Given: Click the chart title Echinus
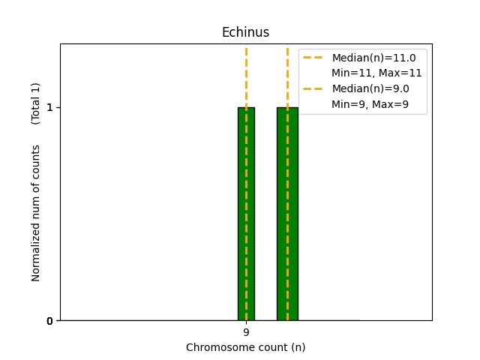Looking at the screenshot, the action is click(x=245, y=32).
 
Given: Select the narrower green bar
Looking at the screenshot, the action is click(x=247, y=214).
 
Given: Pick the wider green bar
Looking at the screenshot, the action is click(x=287, y=214).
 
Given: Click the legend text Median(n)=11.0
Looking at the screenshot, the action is click(x=373, y=58).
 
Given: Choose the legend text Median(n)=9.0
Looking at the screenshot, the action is click(x=370, y=88).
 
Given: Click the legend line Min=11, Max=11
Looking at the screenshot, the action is click(x=376, y=73).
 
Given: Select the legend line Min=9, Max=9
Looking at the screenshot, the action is click(x=370, y=104).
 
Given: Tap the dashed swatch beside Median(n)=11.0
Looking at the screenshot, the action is click(x=313, y=58).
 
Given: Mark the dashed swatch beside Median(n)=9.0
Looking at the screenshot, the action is click(x=313, y=88).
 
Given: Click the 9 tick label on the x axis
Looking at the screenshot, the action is click(x=247, y=332).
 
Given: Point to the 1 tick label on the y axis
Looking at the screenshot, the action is click(x=49, y=107).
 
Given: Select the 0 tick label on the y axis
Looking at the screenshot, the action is click(x=49, y=321).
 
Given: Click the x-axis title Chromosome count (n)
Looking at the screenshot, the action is click(x=245, y=347).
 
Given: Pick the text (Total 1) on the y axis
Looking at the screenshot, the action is click(x=35, y=103).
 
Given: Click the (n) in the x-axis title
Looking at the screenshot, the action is click(x=298, y=347).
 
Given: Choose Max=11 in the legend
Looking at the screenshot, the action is click(x=400, y=73).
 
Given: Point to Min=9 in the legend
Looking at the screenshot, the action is click(x=348, y=104).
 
